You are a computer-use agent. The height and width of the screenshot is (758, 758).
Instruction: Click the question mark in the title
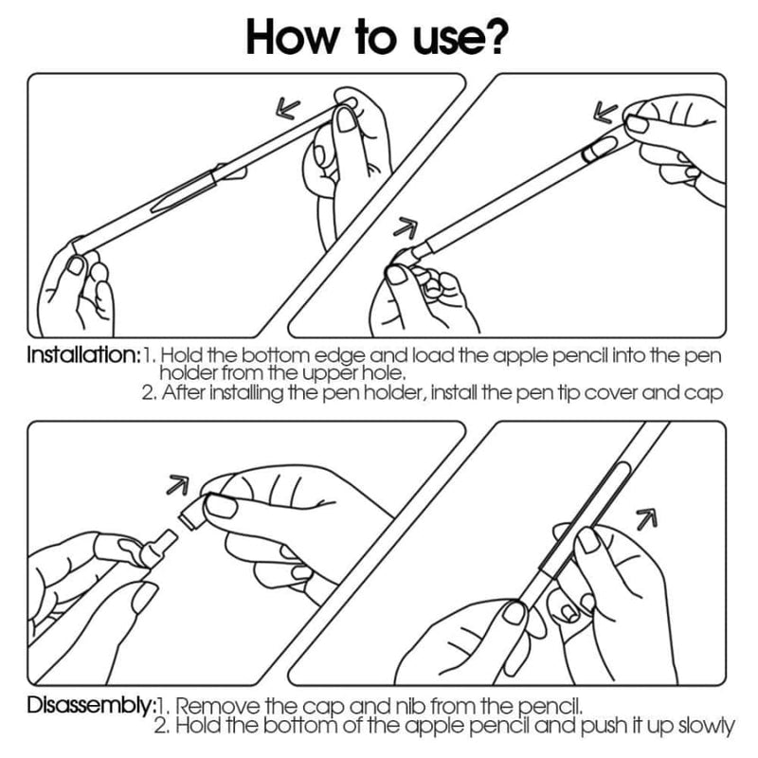pyautogui.click(x=493, y=36)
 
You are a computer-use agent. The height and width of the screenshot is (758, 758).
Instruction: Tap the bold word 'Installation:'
pyautogui.click(x=83, y=355)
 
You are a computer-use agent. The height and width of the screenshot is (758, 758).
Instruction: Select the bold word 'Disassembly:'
pyautogui.click(x=90, y=705)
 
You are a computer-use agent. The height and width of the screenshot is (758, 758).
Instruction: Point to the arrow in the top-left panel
pyautogui.click(x=288, y=108)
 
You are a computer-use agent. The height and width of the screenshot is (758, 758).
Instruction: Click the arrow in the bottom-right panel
pyautogui.click(x=647, y=518)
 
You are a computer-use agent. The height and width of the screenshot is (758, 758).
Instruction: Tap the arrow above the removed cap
pyautogui.click(x=177, y=485)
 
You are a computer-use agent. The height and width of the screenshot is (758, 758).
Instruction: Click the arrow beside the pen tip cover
pyautogui.click(x=406, y=227)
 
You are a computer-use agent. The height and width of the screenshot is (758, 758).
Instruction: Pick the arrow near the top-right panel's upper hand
pyautogui.click(x=605, y=112)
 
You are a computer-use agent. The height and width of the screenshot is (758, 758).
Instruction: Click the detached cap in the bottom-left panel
pyautogui.click(x=192, y=514)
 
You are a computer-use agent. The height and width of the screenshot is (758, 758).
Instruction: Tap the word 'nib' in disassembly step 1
pyautogui.click(x=413, y=707)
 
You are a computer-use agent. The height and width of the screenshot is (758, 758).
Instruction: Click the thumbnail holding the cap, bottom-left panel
pyautogui.click(x=222, y=506)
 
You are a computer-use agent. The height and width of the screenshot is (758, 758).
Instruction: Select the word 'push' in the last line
pyautogui.click(x=605, y=726)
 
